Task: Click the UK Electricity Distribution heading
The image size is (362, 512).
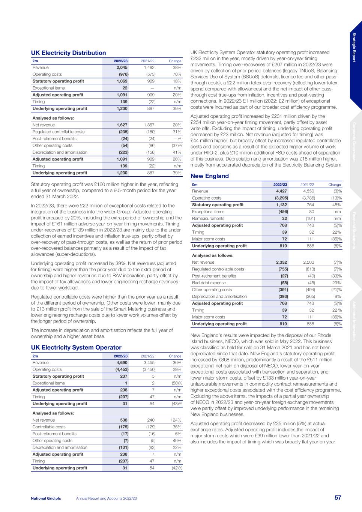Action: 68,53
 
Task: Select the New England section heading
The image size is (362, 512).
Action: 209,176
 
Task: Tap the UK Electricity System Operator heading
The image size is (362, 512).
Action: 76,348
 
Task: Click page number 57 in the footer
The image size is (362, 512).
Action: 338,498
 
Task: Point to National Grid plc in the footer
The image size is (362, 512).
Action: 46,498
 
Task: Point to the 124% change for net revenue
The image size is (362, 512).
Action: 176,420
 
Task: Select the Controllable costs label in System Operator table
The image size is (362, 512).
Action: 49,427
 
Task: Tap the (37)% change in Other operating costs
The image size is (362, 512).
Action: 175,146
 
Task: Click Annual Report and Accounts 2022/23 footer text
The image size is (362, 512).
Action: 106,498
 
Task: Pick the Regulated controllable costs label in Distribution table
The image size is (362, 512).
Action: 59,132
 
